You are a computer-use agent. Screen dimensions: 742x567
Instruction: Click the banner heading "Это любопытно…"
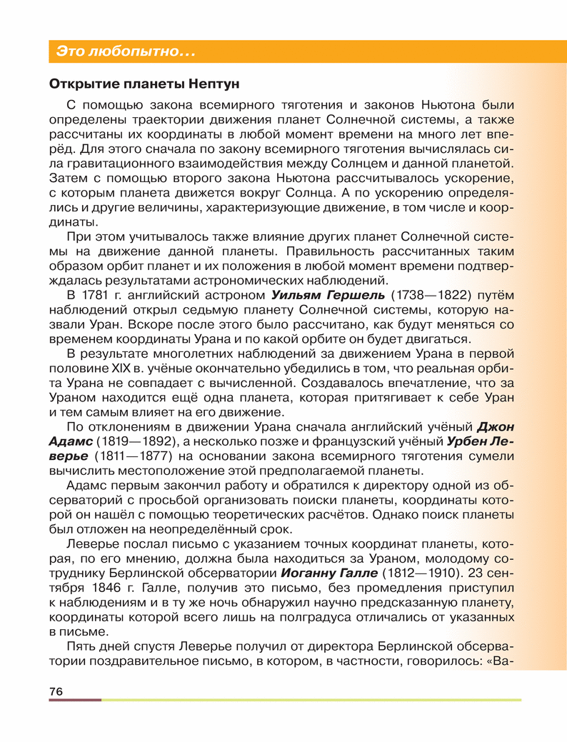[126, 51]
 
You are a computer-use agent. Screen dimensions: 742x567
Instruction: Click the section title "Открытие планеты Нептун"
[139, 83]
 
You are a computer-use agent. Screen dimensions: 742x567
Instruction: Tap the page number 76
[56, 691]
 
